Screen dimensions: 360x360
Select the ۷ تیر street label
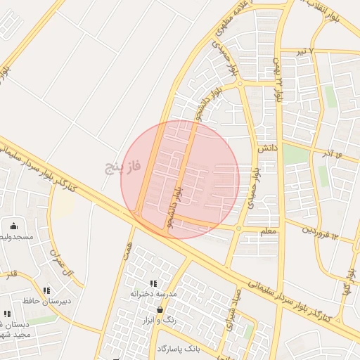pyautogui.click(x=300, y=53)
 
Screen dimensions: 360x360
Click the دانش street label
pyautogui.click(x=264, y=149)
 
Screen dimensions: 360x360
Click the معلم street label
pyautogui.click(x=269, y=230)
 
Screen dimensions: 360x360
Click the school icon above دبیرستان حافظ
pyautogui.click(x=46, y=290)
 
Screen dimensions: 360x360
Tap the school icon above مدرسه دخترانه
pyautogui.click(x=153, y=283)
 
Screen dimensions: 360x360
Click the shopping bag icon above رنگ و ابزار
pyautogui.click(x=160, y=309)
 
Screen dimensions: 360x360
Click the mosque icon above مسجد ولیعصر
pyautogui.click(x=14, y=226)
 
